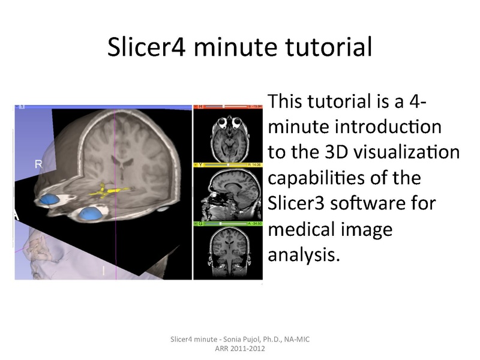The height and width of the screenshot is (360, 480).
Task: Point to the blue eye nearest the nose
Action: [x=91, y=212]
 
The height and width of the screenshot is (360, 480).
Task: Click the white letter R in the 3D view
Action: [x=38, y=163]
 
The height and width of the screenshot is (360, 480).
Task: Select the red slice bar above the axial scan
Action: [x=227, y=107]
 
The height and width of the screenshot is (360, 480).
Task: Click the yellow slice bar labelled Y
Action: [x=227, y=164]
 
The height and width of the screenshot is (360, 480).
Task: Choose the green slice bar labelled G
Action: [x=227, y=223]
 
